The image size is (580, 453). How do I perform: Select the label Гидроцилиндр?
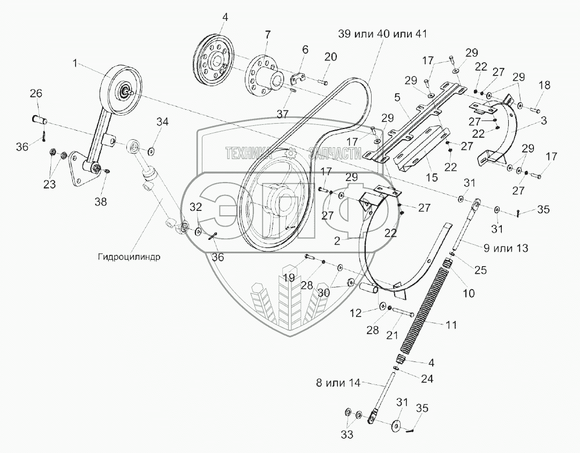[129, 256]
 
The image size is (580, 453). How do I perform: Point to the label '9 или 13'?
[506, 248]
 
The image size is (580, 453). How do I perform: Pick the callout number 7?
[268, 35]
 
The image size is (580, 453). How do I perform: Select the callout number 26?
[35, 94]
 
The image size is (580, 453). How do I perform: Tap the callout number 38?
[101, 202]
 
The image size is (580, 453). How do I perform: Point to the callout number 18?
[544, 85]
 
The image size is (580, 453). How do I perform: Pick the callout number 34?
[162, 123]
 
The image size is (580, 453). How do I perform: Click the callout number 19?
[289, 277]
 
